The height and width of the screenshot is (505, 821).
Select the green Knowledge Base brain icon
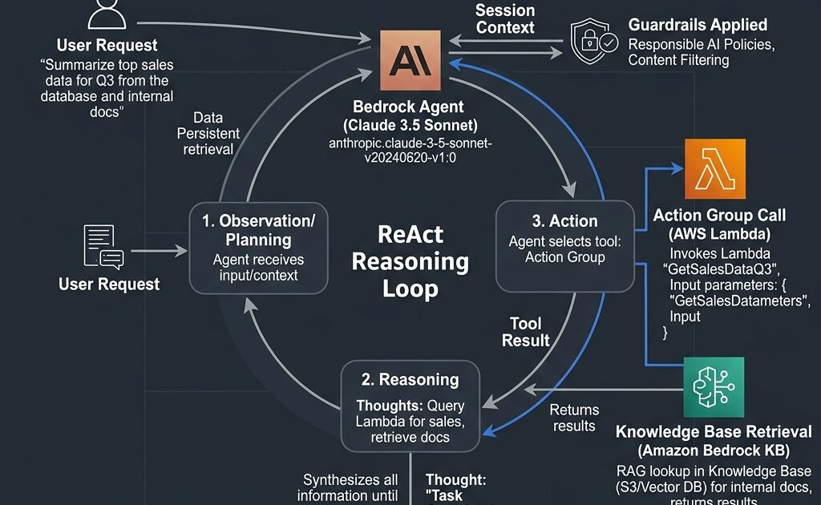tap(714, 387)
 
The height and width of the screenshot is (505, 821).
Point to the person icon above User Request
tap(107, 13)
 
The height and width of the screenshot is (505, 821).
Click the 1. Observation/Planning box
tap(258, 248)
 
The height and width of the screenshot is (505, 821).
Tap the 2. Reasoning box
tap(410, 404)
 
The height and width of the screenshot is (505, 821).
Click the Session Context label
tap(505, 18)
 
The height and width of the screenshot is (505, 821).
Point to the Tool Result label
tap(525, 332)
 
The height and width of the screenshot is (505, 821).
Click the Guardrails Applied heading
tap(698, 25)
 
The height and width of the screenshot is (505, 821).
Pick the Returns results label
tap(574, 417)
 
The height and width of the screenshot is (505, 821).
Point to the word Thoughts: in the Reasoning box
tap(386, 406)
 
